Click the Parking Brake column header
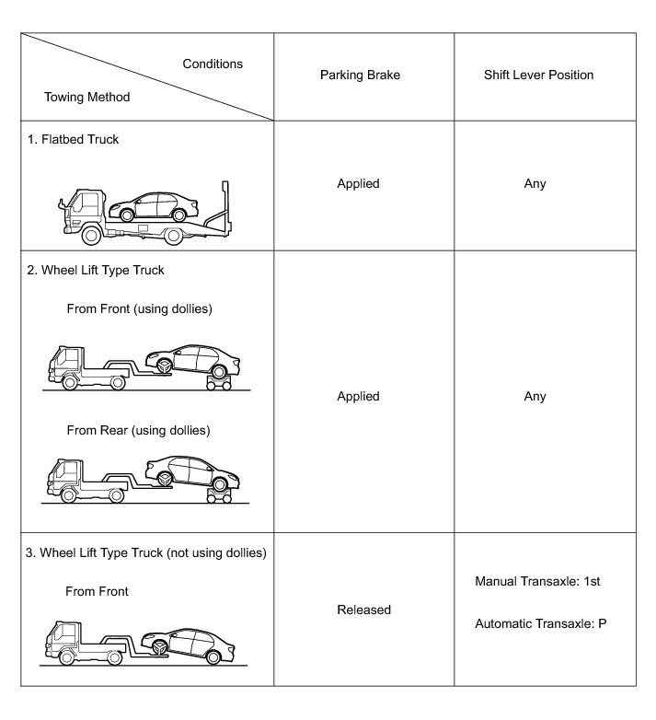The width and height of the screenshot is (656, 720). [x=358, y=75]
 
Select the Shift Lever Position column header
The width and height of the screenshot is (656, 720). [x=538, y=75]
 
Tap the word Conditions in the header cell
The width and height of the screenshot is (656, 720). [x=213, y=64]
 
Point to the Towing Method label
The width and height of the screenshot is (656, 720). [x=86, y=97]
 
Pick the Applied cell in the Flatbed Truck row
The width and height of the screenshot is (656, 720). [x=358, y=183]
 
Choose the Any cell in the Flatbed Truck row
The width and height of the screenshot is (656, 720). [x=535, y=183]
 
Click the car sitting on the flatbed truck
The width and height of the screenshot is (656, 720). [x=159, y=204]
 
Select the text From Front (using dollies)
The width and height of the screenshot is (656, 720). [x=139, y=308]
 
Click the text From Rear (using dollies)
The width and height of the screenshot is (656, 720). [x=138, y=430]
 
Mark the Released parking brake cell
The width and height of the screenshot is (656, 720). [x=363, y=610]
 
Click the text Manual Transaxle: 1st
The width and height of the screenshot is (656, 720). [x=537, y=582]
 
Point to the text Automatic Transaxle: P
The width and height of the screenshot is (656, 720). [x=540, y=623]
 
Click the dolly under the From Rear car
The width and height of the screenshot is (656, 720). [x=219, y=496]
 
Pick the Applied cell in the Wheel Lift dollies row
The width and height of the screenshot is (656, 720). [x=358, y=396]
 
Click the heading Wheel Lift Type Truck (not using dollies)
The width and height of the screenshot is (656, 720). [x=146, y=553]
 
